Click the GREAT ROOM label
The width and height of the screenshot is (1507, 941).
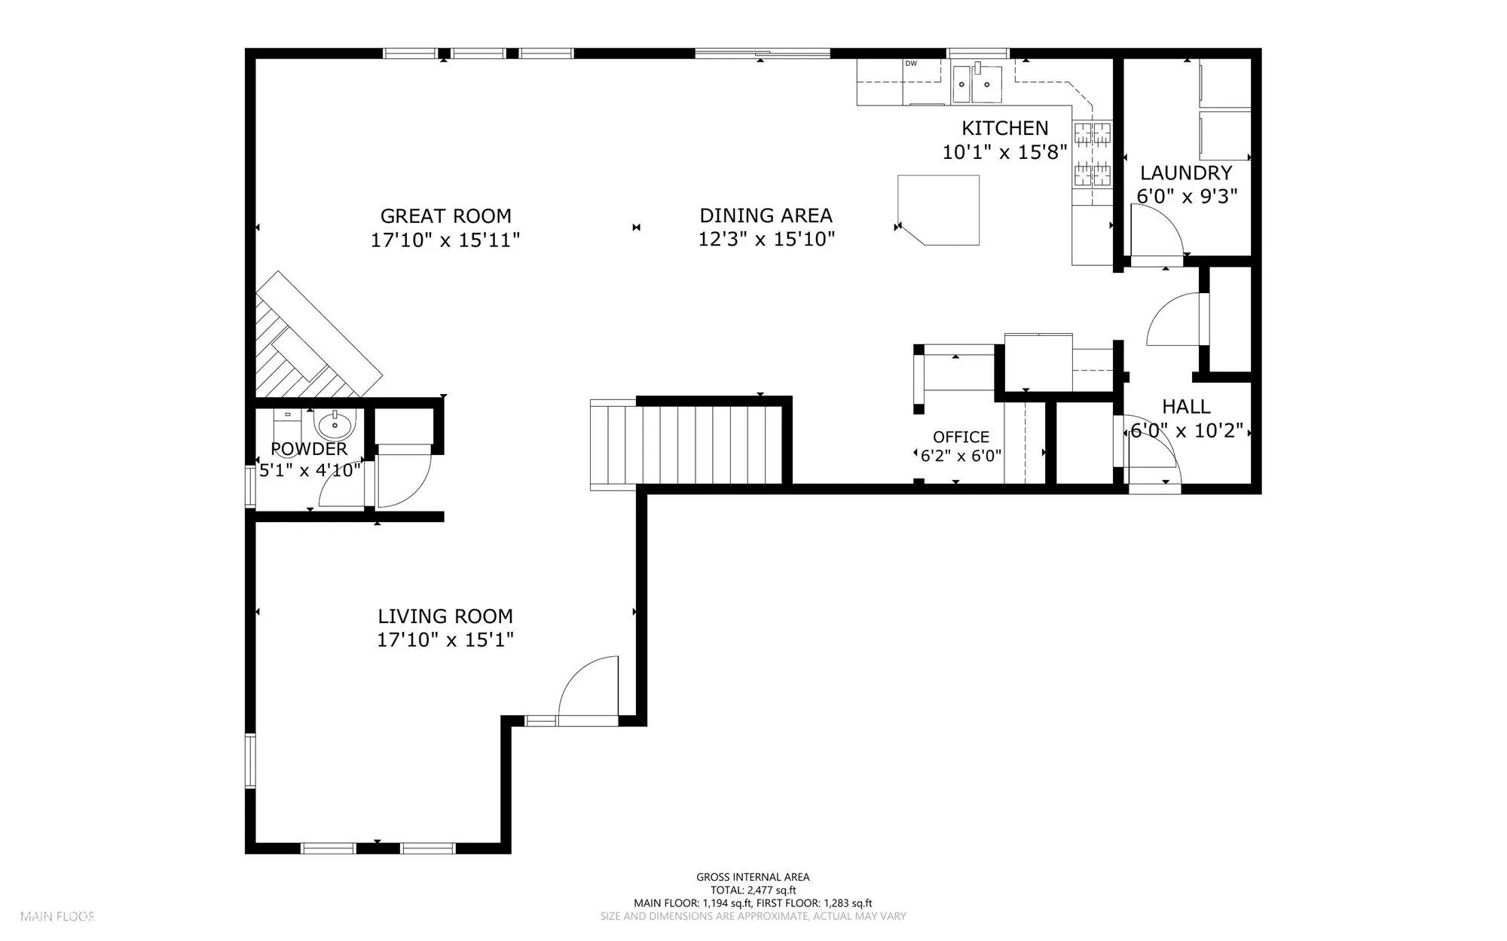(445, 216)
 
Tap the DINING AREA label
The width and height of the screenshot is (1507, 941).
(766, 215)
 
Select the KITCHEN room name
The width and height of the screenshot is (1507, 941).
(1004, 128)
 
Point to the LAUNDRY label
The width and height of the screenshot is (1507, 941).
(1186, 173)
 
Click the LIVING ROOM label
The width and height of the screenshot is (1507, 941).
(445, 616)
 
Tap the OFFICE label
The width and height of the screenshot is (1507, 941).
(961, 437)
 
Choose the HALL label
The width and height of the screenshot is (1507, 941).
(1186, 407)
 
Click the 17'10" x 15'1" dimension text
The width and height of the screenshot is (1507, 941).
(445, 640)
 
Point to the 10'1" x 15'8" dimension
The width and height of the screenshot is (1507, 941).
(1004, 152)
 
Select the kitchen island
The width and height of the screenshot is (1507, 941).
(939, 210)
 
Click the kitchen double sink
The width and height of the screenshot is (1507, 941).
(977, 84)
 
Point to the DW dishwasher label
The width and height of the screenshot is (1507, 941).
(911, 63)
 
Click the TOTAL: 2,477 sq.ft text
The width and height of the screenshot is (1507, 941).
(753, 890)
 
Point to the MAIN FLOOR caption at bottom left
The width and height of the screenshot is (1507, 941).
(57, 917)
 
